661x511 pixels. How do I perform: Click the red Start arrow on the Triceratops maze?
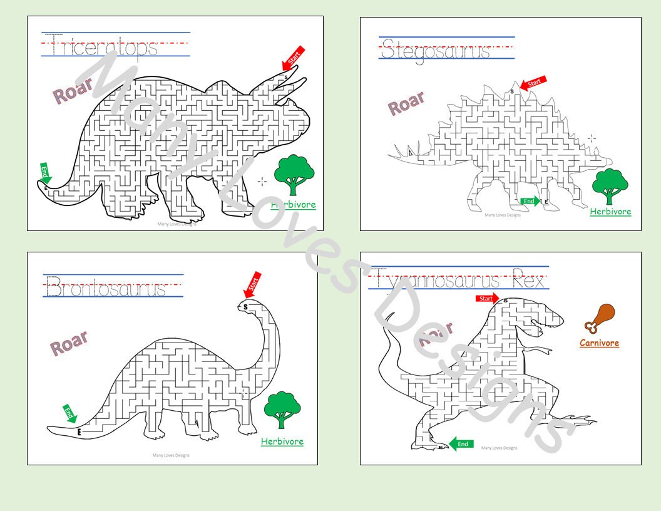point(293,58)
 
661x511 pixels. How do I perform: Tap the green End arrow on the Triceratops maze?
point(45,173)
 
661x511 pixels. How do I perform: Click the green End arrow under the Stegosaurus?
point(530,201)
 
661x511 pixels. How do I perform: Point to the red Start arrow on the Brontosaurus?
point(252,285)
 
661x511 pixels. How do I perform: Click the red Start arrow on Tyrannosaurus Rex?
point(487,299)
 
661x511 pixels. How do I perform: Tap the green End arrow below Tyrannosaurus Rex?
point(461,444)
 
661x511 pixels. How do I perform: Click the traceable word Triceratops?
point(105,47)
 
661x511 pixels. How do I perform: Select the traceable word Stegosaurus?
point(436,49)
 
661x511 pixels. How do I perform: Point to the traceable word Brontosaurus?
point(106,289)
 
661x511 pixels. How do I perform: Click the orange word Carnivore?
point(599,343)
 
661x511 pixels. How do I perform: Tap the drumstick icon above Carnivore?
point(600,317)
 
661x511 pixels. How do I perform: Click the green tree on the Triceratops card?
point(294,175)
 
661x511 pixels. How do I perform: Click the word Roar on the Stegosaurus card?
point(406,103)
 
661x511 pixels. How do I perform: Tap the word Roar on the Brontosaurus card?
point(69,343)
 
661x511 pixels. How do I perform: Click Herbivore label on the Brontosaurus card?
point(282,441)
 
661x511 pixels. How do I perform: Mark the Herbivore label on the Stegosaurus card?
point(610,212)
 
